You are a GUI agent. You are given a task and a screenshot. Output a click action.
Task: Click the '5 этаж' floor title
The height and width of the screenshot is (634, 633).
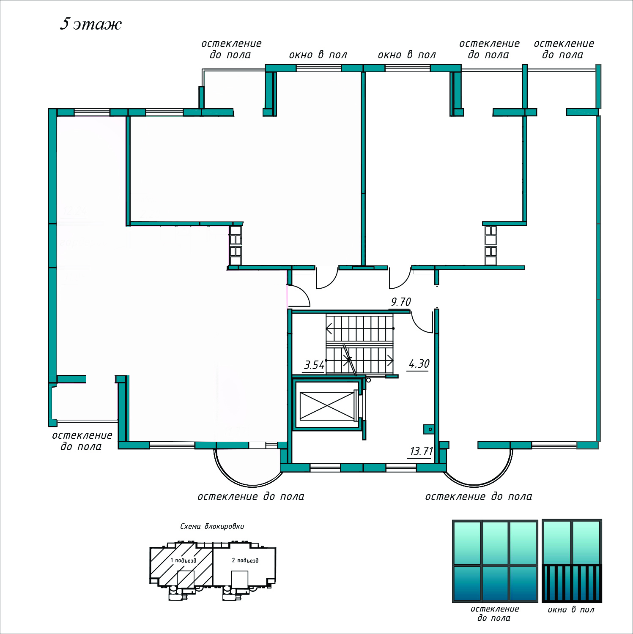90,24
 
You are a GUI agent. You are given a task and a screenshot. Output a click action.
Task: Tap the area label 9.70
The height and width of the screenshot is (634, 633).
400,302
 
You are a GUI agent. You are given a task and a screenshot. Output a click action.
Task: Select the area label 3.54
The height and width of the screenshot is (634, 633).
314,365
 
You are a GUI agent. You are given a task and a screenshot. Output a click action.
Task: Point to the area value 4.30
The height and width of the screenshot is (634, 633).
419,364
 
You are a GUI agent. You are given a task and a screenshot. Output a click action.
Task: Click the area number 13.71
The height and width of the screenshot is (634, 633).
421,451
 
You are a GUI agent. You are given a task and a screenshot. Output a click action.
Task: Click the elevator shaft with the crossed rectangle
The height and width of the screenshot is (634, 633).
327,406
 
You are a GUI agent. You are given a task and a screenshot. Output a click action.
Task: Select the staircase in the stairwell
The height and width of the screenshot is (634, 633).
360,344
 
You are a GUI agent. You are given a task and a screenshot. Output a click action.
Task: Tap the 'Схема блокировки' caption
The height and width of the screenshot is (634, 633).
212,526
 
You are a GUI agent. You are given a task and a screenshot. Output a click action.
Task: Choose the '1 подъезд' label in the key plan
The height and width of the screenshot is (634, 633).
183,560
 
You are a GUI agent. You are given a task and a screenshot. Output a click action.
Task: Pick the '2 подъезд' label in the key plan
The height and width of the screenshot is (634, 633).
245,560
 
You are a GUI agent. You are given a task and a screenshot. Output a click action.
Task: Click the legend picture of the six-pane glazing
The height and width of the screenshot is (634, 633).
495,561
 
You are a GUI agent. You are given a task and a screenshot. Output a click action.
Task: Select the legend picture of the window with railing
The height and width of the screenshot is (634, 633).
572,561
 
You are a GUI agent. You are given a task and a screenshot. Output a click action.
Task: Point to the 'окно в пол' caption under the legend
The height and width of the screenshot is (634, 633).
571,609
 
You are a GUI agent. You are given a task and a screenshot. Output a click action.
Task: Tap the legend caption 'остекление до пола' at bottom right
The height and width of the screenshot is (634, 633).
494,613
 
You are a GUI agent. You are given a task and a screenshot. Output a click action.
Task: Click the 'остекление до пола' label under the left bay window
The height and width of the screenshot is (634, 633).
251,497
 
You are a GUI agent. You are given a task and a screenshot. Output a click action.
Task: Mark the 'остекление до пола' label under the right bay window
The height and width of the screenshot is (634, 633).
478,497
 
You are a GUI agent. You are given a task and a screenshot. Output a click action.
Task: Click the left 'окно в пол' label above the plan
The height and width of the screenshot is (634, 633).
318,55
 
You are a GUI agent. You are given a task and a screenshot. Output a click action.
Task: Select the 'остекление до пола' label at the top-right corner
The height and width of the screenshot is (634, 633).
564,49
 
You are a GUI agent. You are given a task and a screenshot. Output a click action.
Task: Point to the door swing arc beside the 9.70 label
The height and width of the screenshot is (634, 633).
420,323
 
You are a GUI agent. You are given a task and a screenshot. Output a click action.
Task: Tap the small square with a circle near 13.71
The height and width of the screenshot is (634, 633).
430,429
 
